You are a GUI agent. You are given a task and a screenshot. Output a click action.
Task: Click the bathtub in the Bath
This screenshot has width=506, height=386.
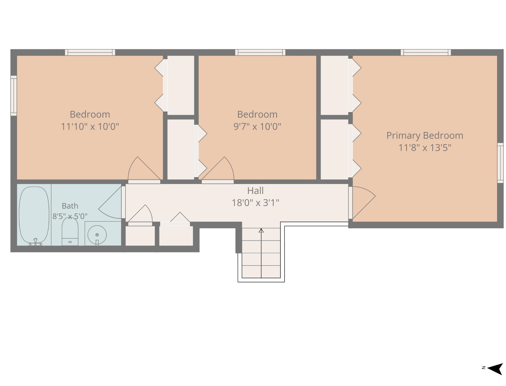[x=34, y=215]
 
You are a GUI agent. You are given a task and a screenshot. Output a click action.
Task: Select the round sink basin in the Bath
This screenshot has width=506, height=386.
[x=97, y=235]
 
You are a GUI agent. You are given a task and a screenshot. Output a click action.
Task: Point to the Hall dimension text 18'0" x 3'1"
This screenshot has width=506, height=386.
[x=256, y=203]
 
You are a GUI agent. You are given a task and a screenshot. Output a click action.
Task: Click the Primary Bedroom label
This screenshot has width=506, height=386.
[x=425, y=136]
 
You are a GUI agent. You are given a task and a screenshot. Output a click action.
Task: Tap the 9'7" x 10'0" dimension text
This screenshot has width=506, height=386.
[x=257, y=126]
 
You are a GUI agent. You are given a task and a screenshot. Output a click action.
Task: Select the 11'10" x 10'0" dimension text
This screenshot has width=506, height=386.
[x=90, y=126]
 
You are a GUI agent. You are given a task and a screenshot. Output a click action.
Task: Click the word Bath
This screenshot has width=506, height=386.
[x=70, y=206]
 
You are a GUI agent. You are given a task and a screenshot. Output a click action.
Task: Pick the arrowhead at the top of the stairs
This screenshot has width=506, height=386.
[x=261, y=230]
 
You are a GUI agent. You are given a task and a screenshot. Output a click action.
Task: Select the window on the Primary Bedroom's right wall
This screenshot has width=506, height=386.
[x=500, y=163]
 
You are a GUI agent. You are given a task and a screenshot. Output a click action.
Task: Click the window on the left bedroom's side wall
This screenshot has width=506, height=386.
[x=14, y=96]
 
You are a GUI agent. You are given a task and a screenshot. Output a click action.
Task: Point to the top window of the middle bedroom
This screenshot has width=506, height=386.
[x=260, y=52]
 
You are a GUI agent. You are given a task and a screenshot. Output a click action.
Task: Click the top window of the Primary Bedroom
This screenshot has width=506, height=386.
[x=426, y=52]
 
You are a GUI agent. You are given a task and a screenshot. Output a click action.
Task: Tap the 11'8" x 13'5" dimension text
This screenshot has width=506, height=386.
[x=425, y=148]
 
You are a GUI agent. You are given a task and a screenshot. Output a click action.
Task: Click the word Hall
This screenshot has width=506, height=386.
[x=256, y=191]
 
